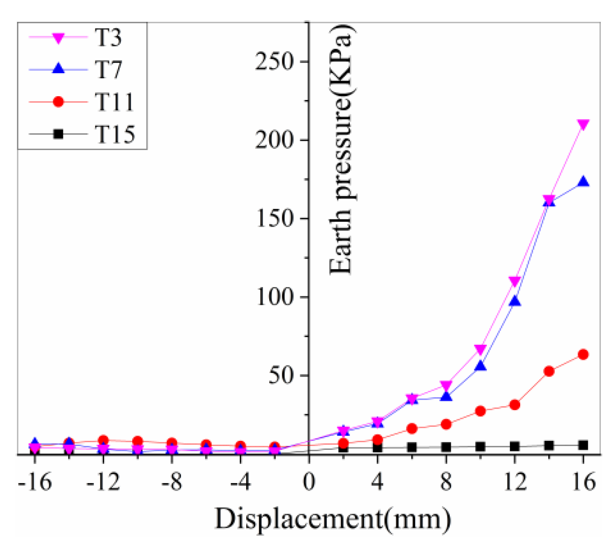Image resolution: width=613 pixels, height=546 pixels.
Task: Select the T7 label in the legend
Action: tap(108, 70)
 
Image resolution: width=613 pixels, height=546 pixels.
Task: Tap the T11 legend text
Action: tap(114, 102)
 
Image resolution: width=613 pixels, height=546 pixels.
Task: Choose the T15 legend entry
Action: tap(115, 134)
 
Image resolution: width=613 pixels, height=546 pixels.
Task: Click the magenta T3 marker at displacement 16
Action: tap(583, 125)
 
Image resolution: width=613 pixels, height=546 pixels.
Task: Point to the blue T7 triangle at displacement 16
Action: tap(583, 182)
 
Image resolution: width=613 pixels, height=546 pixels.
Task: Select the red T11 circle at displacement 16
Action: tap(583, 355)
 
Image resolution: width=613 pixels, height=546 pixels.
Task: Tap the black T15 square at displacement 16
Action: tap(583, 445)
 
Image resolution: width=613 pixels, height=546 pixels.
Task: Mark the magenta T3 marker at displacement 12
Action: tap(515, 281)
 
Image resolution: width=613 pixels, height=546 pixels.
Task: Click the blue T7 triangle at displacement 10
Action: tap(480, 366)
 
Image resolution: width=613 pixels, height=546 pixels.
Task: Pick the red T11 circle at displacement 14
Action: tap(549, 371)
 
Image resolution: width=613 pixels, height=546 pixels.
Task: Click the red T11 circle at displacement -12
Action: tap(103, 440)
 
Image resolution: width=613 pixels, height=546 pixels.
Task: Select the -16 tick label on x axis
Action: tap(34, 482)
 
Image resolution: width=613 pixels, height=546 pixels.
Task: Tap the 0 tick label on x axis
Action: tap(309, 482)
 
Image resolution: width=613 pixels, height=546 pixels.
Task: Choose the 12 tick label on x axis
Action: tap(515, 482)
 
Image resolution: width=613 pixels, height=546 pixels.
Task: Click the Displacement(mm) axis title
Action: tap(333, 520)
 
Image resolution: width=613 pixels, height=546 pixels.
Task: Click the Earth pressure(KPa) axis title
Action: tap(341, 150)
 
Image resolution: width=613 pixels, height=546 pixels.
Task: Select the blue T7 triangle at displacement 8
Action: tap(446, 396)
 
